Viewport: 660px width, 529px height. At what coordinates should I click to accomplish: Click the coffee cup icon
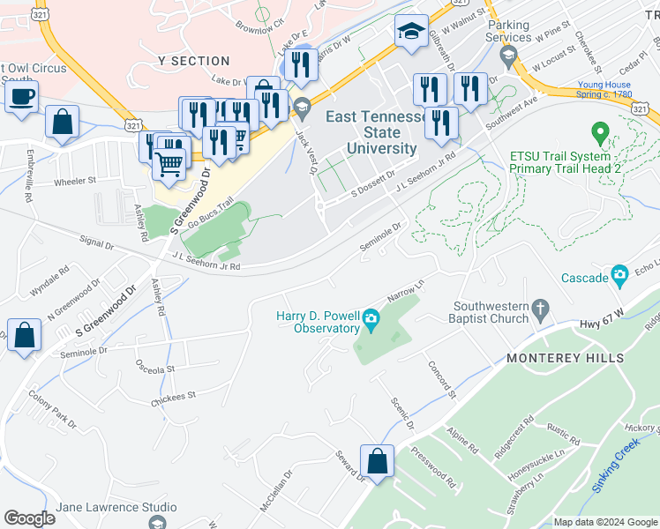21,96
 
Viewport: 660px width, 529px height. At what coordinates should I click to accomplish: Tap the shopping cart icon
169,162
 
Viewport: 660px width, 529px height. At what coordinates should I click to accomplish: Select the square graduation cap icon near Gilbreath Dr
410,32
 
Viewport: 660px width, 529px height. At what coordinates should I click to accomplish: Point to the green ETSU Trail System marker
601,134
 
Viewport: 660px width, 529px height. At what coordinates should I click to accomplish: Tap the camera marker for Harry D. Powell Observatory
371,317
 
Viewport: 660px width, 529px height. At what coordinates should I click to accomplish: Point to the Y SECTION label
193,61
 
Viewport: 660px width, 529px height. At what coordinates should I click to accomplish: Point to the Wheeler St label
75,181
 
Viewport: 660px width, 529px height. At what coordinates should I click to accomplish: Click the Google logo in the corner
29,518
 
